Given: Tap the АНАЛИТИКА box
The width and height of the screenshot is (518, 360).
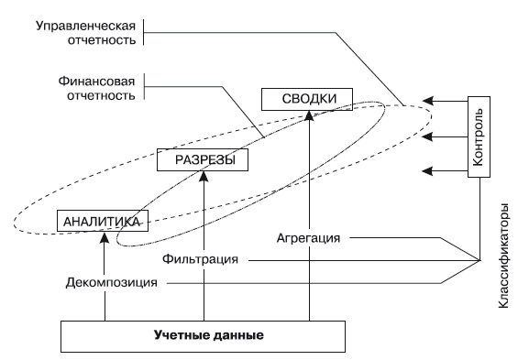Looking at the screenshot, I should (101, 221).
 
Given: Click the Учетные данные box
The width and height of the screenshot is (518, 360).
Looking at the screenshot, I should (208, 335).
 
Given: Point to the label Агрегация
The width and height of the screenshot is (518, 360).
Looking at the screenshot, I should (308, 239).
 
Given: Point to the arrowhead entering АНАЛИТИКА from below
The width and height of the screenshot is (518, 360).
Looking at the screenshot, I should (105, 237).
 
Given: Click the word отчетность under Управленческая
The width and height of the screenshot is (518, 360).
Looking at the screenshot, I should (103, 40).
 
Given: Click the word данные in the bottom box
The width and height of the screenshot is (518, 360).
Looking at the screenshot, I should (239, 335).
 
